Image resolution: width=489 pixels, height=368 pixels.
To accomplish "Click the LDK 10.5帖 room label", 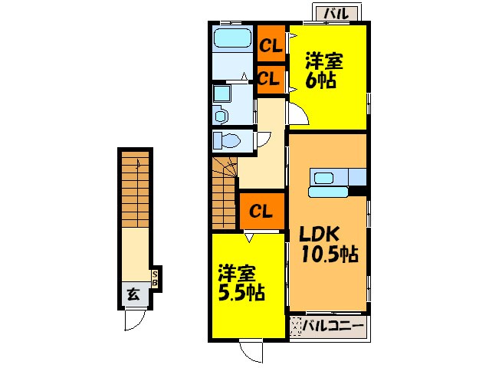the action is coord(328,245).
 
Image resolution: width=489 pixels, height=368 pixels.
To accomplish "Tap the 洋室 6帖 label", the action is coord(323,71).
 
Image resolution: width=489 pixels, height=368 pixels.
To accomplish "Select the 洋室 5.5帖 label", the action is coord(241,283).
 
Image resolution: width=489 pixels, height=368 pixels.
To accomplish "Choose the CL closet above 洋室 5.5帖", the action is coord(262,212).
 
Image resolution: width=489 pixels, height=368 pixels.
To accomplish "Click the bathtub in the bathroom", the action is coord(233,38).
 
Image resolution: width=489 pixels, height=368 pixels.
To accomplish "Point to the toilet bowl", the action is coord(229,140).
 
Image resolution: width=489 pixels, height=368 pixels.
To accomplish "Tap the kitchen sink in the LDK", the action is coord(323,179).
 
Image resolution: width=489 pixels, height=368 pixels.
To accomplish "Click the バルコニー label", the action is coord(333,326).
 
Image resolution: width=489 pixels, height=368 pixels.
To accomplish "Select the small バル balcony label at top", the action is coord(336,13).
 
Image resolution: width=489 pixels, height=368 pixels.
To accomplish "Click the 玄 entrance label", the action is coord(134,294).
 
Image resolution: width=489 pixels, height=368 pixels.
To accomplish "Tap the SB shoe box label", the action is coord(155,278).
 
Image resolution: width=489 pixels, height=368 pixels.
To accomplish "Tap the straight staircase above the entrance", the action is coord(135,189).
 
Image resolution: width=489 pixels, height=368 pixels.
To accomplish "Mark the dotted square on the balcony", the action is coord(295,326).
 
